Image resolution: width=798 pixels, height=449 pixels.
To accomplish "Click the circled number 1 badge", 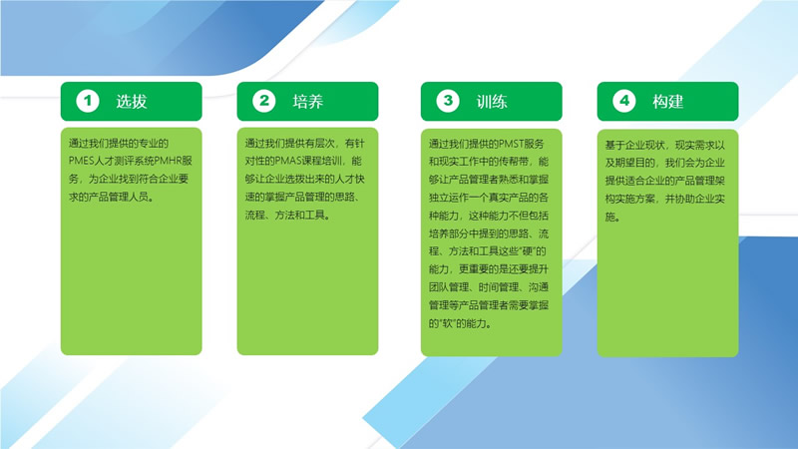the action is click(x=88, y=101).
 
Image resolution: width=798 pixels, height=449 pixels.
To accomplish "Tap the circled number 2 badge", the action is click(x=264, y=101).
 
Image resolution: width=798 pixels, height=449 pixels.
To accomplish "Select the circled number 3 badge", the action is click(x=448, y=101).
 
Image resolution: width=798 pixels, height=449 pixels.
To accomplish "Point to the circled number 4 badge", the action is click(x=624, y=101).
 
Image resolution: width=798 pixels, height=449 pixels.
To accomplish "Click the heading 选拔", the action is click(x=132, y=102).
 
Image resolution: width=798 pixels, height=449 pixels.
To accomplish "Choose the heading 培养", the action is click(x=308, y=102).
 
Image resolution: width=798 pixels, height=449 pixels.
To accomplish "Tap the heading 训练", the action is click(x=492, y=102).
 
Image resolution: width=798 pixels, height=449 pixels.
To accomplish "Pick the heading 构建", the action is click(x=667, y=102).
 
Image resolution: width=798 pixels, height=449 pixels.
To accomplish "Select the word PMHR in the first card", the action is click(x=168, y=161).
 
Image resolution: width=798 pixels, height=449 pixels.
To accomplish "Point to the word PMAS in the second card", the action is click(x=288, y=161).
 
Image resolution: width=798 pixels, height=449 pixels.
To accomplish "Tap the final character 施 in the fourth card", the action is click(x=609, y=217).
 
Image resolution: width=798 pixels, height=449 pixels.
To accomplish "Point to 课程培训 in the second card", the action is click(x=321, y=161).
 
